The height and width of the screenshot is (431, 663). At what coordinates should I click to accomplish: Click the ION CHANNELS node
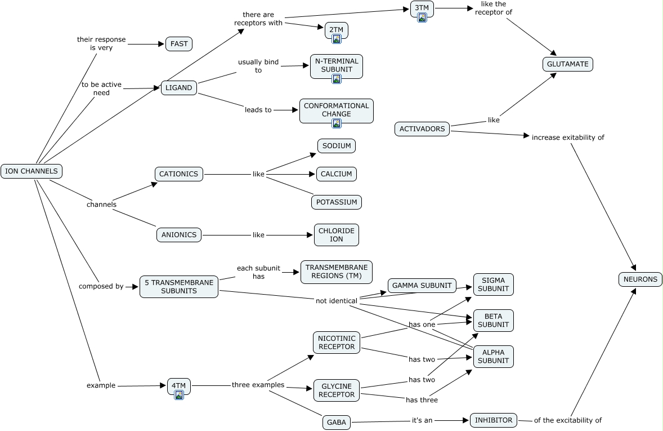pyautogui.click(x=32, y=171)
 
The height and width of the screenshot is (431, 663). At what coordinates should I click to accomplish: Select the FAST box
pyautogui.click(x=179, y=44)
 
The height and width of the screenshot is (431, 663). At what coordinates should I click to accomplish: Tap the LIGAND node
pyautogui.click(x=179, y=88)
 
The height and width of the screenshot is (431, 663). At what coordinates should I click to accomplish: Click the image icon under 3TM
pyautogui.click(x=422, y=17)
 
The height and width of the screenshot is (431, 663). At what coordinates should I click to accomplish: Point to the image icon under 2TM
pyautogui.click(x=337, y=39)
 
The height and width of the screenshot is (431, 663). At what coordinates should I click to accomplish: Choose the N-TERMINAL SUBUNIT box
pyautogui.click(x=337, y=66)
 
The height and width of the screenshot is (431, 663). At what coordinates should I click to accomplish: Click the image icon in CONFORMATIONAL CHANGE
pyautogui.click(x=337, y=123)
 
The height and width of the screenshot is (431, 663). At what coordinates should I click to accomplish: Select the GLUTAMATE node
pyautogui.click(x=568, y=64)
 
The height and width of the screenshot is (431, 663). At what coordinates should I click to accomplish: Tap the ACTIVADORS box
pyautogui.click(x=422, y=128)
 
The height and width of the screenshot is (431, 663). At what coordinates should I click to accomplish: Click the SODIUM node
pyautogui.click(x=337, y=146)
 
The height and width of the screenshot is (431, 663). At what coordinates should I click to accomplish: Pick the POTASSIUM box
pyautogui.click(x=337, y=202)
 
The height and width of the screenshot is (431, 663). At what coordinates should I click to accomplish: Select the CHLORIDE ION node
pyautogui.click(x=337, y=235)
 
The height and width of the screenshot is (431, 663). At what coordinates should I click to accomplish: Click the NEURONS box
pyautogui.click(x=640, y=279)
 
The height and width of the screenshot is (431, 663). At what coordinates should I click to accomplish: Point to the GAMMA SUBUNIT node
pyautogui.click(x=422, y=285)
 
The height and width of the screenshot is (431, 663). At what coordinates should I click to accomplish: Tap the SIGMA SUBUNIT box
pyautogui.click(x=494, y=285)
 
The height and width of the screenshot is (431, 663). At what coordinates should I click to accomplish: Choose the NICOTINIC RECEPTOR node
pyautogui.click(x=337, y=343)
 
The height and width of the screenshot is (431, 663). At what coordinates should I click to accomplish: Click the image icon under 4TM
pyautogui.click(x=179, y=395)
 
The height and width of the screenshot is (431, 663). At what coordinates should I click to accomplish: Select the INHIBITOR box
pyautogui.click(x=494, y=420)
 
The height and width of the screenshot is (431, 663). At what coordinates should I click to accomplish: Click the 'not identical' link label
pyautogui.click(x=337, y=301)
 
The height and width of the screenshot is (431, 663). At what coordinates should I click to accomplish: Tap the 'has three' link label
pyautogui.click(x=422, y=400)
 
